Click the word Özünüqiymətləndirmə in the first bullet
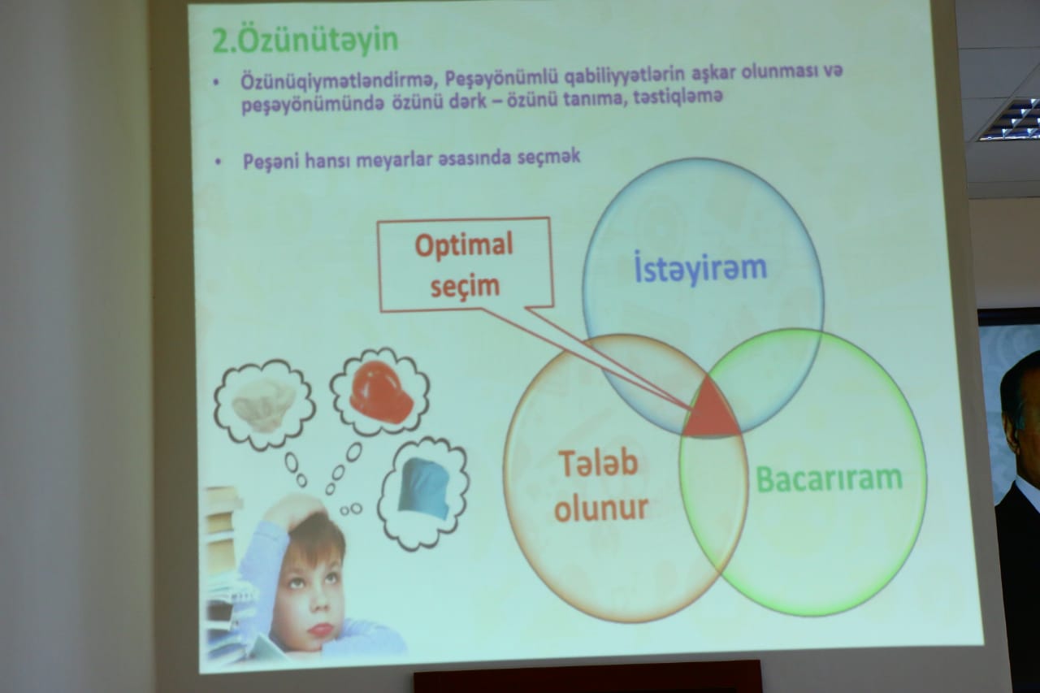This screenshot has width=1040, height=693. tap(336, 80)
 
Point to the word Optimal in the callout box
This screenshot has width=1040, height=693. tap(464, 245)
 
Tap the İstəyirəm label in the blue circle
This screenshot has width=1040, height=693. tap(700, 268)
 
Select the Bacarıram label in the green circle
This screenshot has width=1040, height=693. tap(830, 479)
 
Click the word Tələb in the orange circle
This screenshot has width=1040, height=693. tap(598, 463)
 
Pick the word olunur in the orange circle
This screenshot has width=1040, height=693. tap(601, 508)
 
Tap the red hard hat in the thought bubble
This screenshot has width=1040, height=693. tap(382, 392)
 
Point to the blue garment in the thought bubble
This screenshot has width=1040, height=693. tap(424, 489)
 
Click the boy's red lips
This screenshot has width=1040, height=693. tap(321, 630)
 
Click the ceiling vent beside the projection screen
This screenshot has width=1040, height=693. tap(1011, 119)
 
